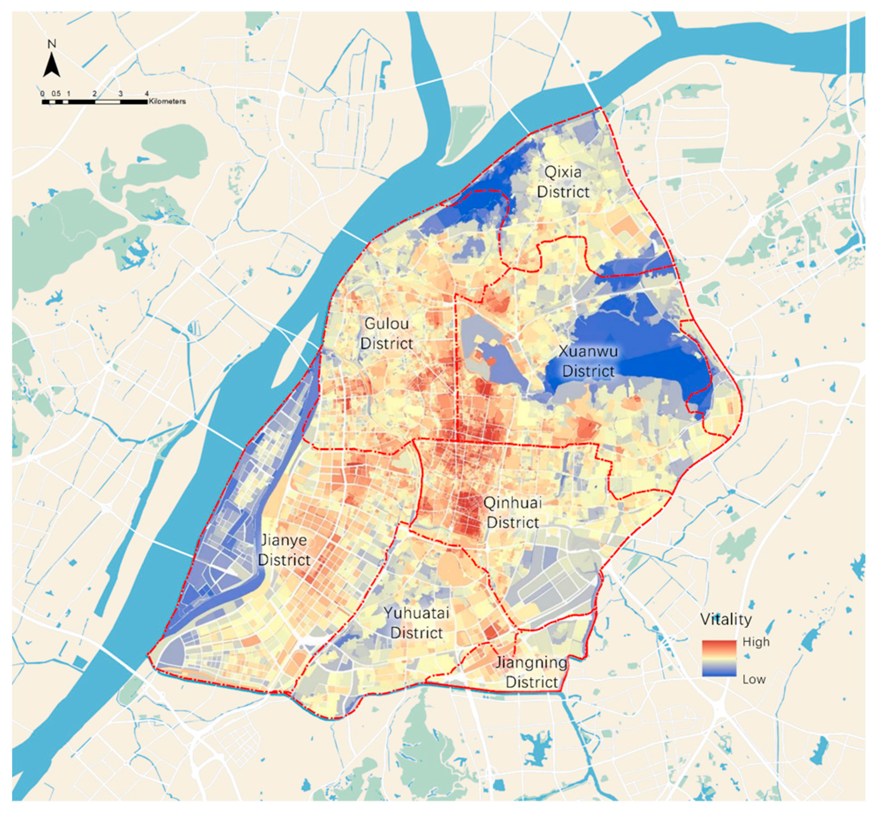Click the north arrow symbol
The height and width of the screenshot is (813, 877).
(52, 65)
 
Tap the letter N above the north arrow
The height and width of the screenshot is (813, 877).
(52, 44)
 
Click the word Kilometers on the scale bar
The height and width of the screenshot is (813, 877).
(167, 102)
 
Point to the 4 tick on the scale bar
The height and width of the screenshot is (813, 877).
(147, 94)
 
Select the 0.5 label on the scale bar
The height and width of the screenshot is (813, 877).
(56, 94)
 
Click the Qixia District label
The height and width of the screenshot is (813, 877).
(563, 182)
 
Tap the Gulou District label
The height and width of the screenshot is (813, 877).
(386, 333)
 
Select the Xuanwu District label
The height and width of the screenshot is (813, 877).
(588, 361)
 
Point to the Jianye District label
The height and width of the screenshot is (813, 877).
(284, 550)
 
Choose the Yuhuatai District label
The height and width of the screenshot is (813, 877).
(416, 622)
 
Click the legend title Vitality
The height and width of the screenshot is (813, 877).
(726, 619)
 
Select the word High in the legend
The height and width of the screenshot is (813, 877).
(756, 642)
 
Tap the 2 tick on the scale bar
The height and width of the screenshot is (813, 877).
(95, 94)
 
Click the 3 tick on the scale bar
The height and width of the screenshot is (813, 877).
(121, 94)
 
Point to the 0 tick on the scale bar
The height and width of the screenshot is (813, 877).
(42, 94)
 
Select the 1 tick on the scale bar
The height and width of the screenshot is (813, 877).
(69, 94)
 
